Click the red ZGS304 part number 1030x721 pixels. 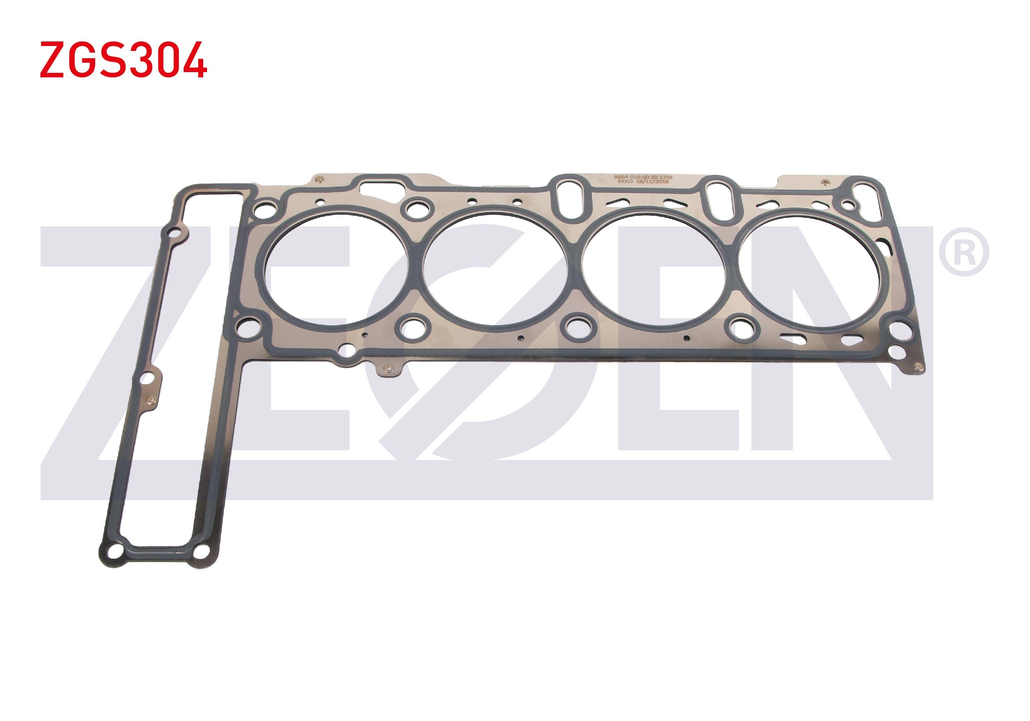pyautogui.click(x=123, y=60)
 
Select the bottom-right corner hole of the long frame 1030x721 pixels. pyautogui.click(x=203, y=551)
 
